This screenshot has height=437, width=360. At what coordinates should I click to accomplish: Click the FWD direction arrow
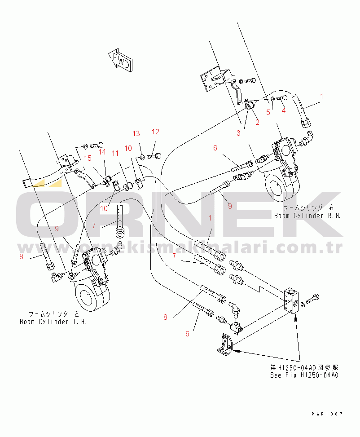tap(120, 61)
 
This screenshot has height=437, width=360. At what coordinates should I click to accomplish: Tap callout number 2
tap(258, 122)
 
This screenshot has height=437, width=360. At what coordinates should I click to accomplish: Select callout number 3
tap(238, 133)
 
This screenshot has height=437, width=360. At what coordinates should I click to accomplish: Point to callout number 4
tap(284, 110)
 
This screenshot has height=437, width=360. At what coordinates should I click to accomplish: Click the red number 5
tap(268, 112)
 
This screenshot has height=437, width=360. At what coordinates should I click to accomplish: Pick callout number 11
tap(115, 153)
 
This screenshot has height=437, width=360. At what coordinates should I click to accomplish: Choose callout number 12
tap(155, 132)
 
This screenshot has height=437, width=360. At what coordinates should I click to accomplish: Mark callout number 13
tap(136, 133)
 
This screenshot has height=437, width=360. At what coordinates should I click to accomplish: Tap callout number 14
tap(102, 152)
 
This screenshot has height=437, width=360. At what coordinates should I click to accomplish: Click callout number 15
tap(88, 158)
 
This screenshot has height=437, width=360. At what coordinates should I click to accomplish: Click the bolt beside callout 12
tap(154, 156)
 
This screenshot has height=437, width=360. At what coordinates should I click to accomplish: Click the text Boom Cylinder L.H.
tap(53, 322)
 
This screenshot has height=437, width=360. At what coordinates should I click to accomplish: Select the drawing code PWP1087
tap(327, 414)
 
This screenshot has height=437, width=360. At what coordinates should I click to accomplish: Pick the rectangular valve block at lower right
tap(291, 301)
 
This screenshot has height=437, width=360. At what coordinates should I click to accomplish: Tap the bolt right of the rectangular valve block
tap(312, 299)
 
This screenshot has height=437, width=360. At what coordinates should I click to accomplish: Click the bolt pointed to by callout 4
tap(282, 98)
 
